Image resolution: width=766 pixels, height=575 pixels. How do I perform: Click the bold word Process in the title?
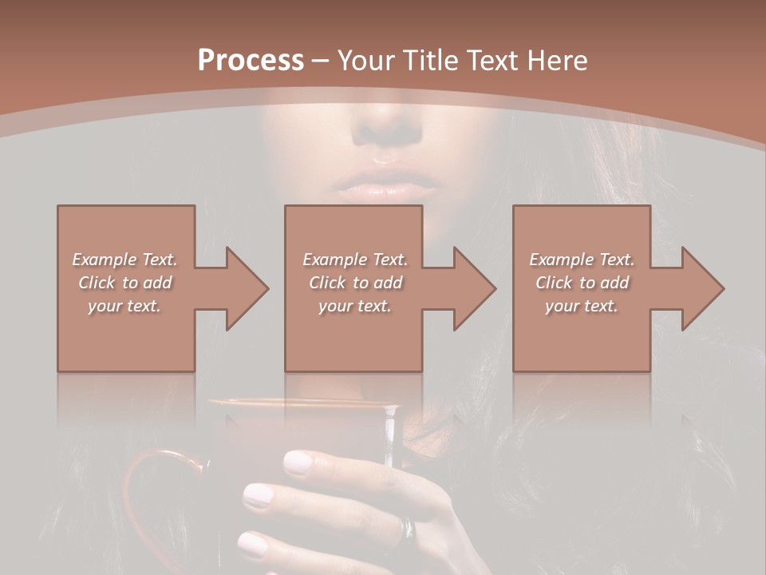(251, 60)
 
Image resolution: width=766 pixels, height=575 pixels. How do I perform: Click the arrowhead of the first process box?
(244, 288)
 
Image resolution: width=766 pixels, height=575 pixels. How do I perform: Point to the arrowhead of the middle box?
(472, 288)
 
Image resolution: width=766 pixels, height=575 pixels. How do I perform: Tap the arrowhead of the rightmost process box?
(701, 288)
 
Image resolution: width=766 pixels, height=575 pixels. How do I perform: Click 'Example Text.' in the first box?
(124, 260)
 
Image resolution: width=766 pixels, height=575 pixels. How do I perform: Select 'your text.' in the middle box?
(354, 306)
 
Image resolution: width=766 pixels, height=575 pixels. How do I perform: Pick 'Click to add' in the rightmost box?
(582, 283)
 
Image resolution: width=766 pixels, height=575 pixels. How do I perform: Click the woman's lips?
(386, 188)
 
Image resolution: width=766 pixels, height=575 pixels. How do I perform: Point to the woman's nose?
(389, 128)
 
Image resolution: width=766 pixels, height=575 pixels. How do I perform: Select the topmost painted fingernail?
(298, 462)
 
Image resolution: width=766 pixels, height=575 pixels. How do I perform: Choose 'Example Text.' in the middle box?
(354, 260)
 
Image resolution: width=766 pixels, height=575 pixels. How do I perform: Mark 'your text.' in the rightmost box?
(582, 306)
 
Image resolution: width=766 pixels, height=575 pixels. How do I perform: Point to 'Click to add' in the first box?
(124, 283)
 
